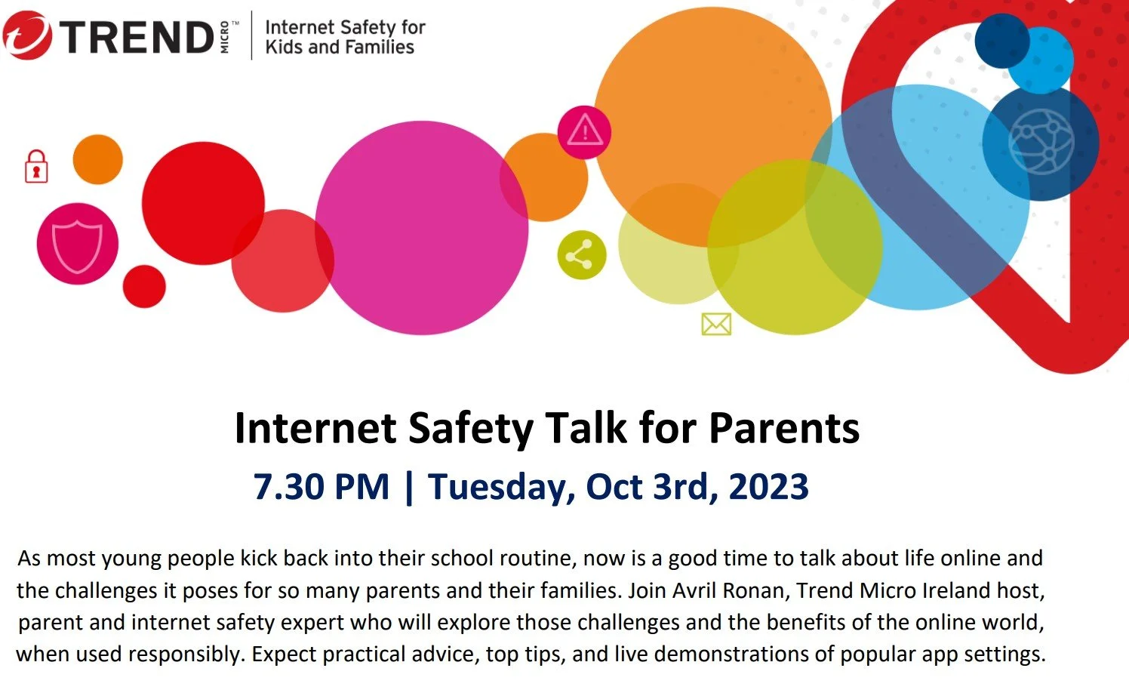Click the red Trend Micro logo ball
click(x=28, y=35)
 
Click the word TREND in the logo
click(x=137, y=37)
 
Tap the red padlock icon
click(x=36, y=167)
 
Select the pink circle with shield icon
click(x=77, y=244)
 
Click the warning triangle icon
click(x=584, y=132)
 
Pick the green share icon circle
click(x=581, y=255)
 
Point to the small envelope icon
click(x=715, y=324)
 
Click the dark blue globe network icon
click(x=1041, y=142)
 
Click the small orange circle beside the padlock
click(x=97, y=159)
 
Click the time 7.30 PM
click(x=321, y=487)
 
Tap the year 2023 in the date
click(x=768, y=487)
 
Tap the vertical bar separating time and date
click(x=408, y=487)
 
